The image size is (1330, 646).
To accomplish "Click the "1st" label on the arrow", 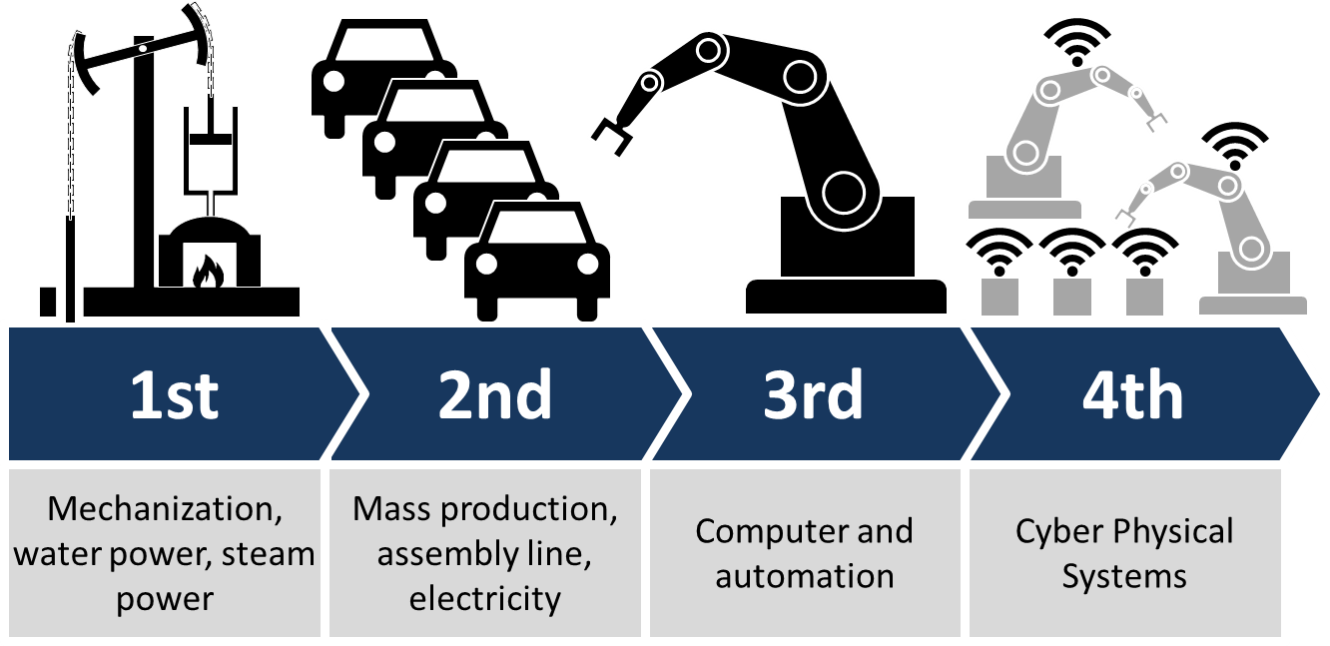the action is coord(175,394).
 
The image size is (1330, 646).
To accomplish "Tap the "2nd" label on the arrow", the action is coord(495,394).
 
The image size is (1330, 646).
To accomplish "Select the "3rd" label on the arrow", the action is coord(813,394).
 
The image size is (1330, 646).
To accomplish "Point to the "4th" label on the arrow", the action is coord(1133,394).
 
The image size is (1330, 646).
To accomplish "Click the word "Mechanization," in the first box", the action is coord(165,509).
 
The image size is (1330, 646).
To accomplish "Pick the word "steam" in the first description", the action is coord(269,554).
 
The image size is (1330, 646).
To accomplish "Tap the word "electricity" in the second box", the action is coord(485,598).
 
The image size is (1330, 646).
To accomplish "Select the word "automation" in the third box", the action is coord(805,576).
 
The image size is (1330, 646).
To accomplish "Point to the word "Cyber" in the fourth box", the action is coord(1059,531).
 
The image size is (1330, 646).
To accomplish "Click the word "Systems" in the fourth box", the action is coord(1124,576).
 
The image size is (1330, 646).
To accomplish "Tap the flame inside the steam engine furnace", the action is coord(208,272).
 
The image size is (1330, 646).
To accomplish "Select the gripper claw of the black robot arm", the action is coord(612,136).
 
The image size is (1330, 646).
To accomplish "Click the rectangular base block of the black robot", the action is coord(848,237).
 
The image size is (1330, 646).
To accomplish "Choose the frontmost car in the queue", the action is coord(537,262).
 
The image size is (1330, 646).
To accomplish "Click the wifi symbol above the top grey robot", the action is coord(1077,42).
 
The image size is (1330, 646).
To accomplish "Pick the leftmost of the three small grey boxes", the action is coord(999,297).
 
